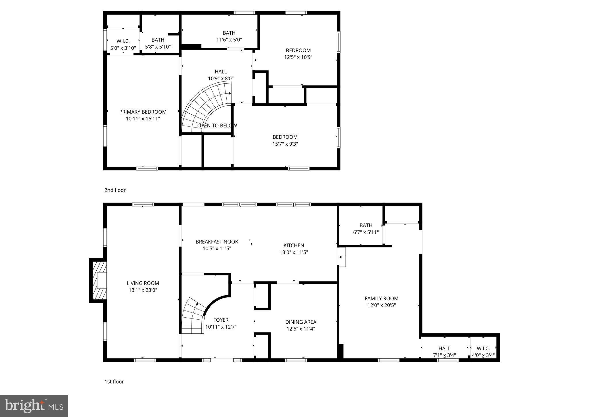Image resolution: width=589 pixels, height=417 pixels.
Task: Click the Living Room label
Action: point(143,283)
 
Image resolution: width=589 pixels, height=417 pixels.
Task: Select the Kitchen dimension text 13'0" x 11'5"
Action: point(294,252)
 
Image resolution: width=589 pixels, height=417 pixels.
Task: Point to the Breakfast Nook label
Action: point(217,242)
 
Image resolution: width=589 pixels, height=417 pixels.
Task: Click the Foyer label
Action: point(221,320)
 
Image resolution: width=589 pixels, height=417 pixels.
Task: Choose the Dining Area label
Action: point(301,322)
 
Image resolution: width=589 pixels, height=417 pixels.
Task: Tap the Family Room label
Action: point(381,298)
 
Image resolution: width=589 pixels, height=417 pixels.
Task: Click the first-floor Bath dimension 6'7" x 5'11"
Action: point(366,232)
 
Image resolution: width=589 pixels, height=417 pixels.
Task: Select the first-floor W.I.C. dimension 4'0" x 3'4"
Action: point(483,355)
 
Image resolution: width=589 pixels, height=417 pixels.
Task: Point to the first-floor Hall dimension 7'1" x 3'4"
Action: point(444,355)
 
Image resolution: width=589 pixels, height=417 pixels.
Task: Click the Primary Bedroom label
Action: point(143,112)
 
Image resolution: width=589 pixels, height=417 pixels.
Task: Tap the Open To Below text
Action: point(217,126)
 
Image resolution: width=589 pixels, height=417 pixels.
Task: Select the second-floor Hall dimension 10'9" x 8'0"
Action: point(221,78)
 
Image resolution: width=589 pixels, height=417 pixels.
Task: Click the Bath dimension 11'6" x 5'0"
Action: point(229,40)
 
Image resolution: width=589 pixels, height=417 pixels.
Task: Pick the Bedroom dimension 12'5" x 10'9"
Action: point(298,57)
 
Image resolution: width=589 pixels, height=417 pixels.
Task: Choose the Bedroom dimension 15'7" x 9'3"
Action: point(285,144)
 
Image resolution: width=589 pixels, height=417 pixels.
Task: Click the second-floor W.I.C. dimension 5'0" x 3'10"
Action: point(123,48)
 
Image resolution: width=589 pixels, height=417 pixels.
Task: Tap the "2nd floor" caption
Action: point(115,190)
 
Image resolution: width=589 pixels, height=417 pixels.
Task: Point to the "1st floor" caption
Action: point(114,382)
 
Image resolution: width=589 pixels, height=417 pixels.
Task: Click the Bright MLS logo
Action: point(34,406)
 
